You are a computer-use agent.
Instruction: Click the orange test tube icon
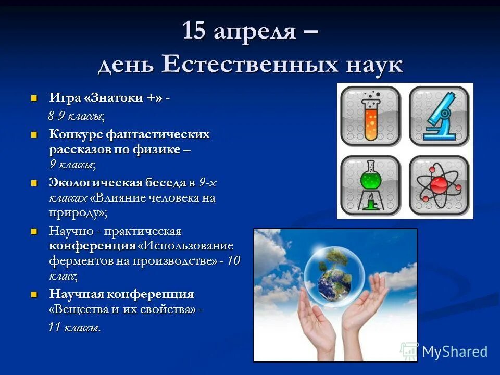click(370, 116)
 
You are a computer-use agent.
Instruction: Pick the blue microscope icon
click(439, 116)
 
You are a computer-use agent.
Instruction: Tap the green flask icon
click(370, 185)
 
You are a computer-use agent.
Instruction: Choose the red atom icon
click(439, 185)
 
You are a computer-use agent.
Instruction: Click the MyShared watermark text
click(454, 352)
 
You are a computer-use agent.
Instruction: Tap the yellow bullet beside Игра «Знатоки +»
click(34, 97)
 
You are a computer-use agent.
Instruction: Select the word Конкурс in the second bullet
click(76, 134)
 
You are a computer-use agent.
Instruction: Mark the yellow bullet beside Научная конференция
click(34, 294)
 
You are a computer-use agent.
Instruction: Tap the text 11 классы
click(74, 328)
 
